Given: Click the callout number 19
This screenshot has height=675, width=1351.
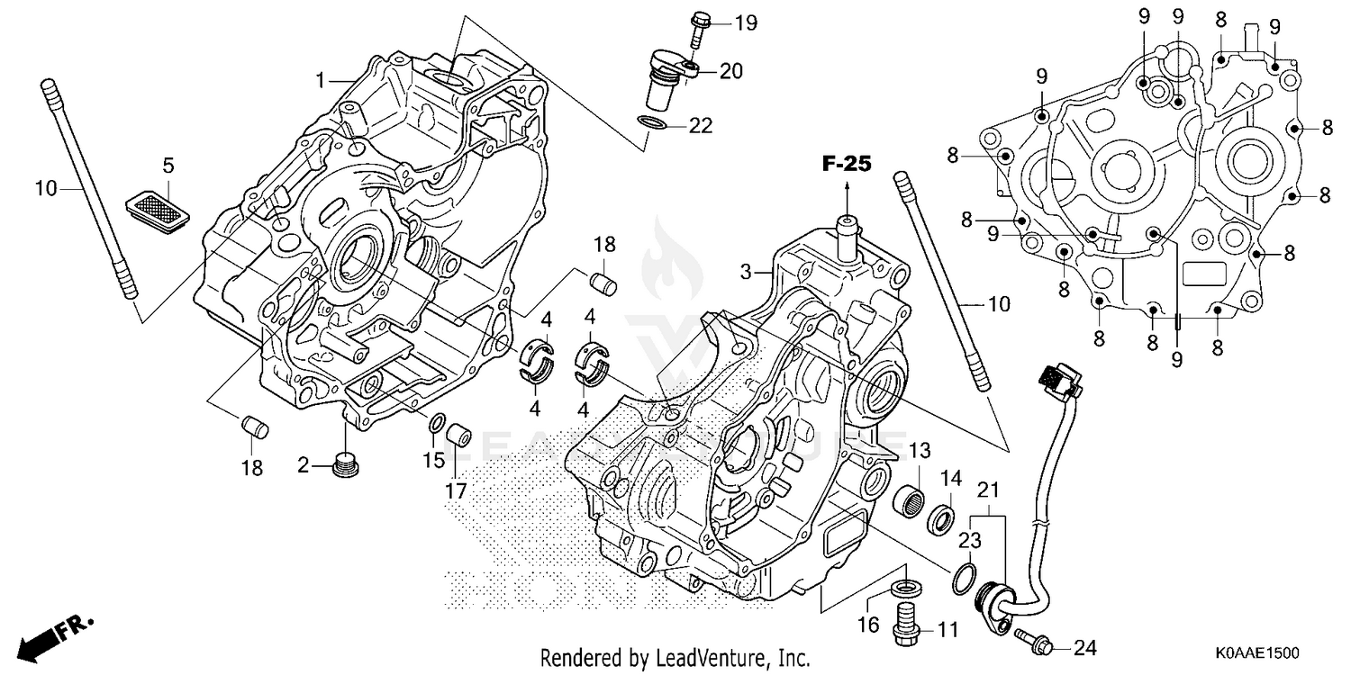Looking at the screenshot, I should [745, 23].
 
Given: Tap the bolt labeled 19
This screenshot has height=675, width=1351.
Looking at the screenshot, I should [699, 29].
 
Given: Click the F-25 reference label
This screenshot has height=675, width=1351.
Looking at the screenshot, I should [847, 164].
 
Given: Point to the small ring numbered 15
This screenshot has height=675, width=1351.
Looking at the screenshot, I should [435, 423].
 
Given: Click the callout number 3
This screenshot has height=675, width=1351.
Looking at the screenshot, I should [746, 271].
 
